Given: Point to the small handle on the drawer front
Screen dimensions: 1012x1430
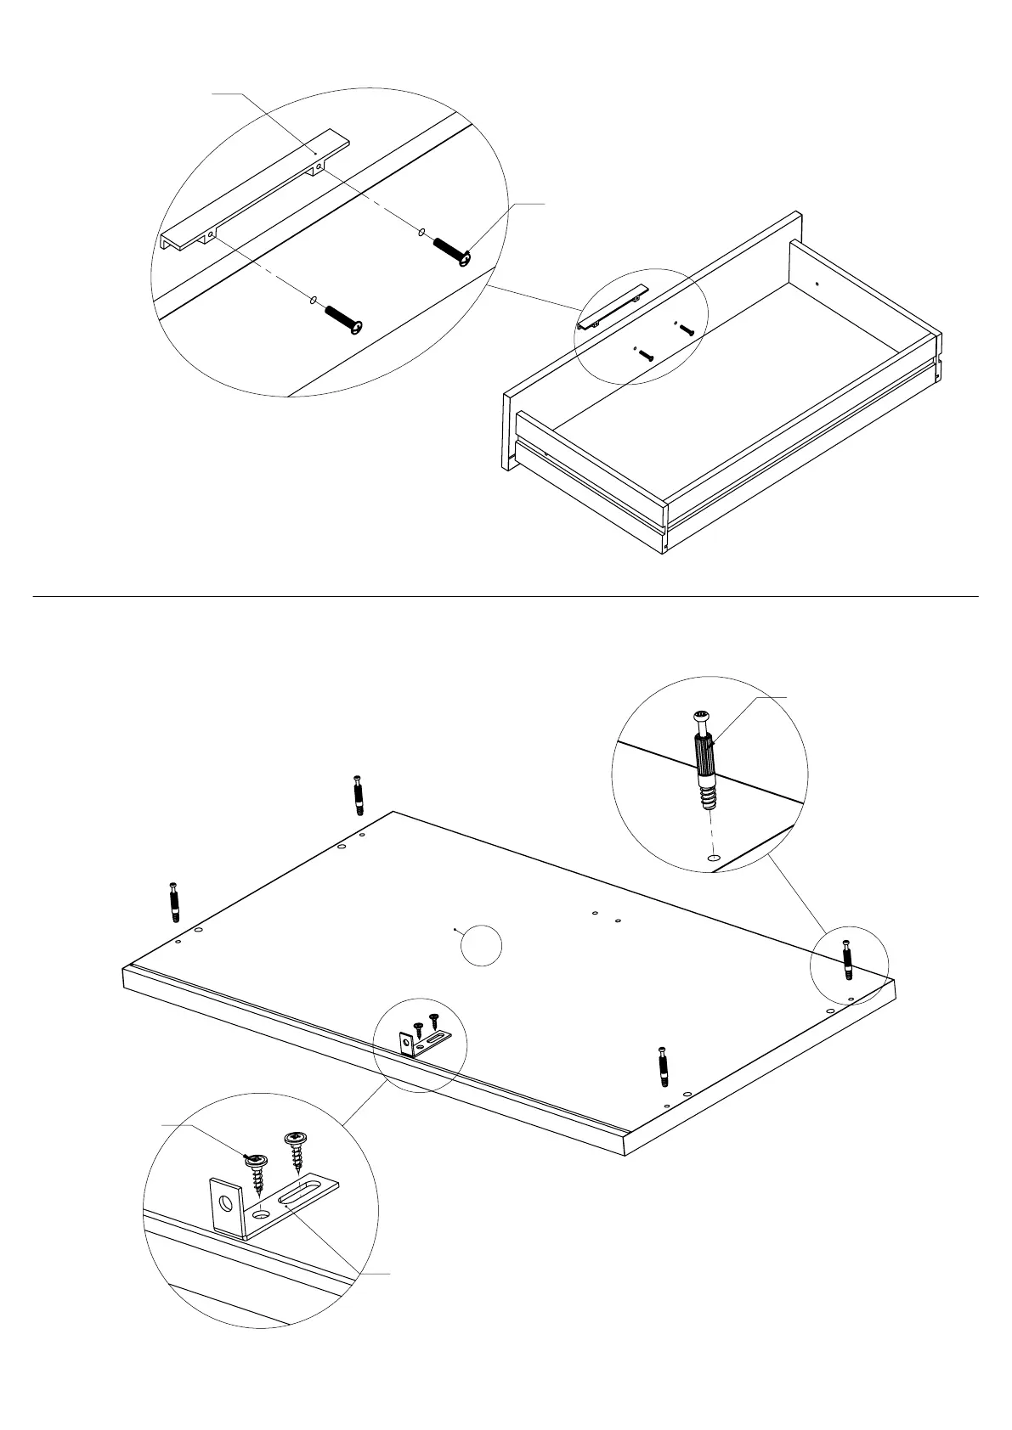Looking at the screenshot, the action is click(613, 307).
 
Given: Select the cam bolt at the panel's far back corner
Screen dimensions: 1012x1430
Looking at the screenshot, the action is click(359, 795).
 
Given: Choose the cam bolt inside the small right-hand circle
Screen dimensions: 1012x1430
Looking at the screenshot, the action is click(846, 960).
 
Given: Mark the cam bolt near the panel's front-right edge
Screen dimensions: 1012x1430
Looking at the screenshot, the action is click(663, 1067).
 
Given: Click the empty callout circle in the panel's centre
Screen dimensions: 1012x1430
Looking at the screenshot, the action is click(481, 944).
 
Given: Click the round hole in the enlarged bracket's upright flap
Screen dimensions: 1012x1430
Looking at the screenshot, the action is click(225, 1204).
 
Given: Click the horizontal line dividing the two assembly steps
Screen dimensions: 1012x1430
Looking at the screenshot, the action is click(506, 597).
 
